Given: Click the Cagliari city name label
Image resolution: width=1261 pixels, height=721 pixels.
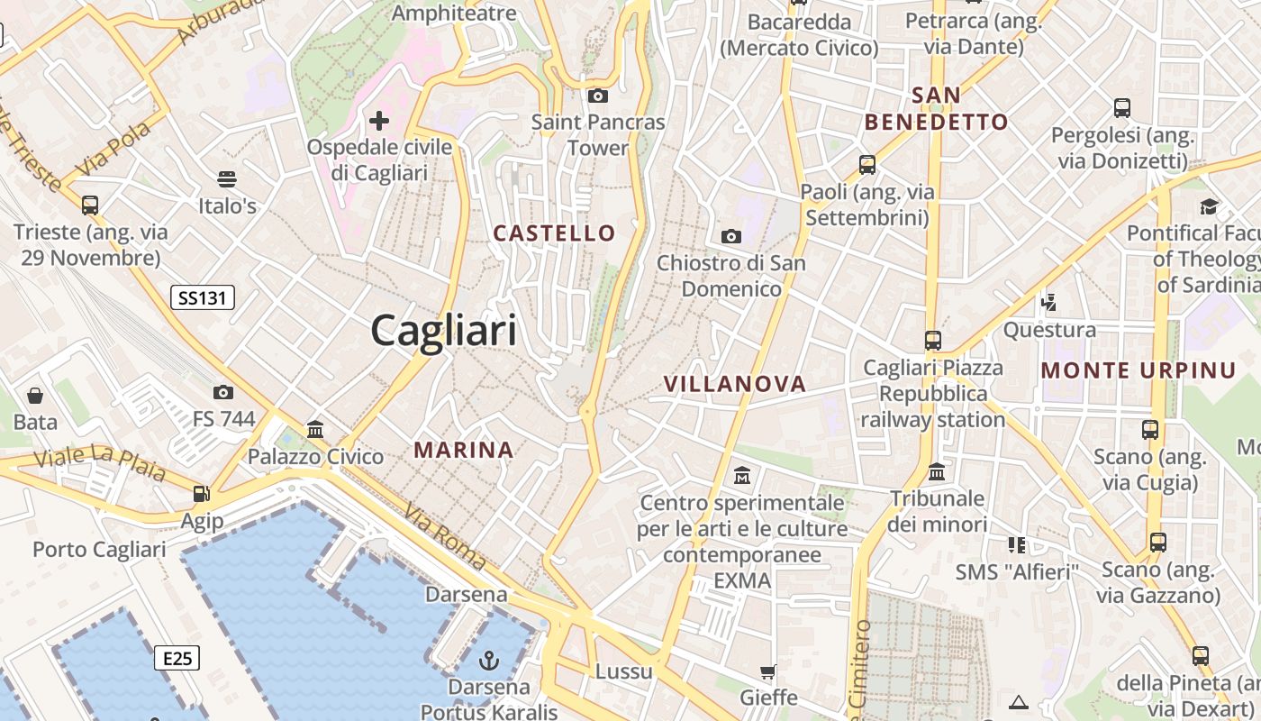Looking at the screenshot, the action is (x=444, y=330).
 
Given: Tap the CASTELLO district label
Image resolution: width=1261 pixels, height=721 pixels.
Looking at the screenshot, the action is (x=554, y=233).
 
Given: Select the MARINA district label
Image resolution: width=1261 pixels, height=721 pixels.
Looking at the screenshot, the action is (x=464, y=450).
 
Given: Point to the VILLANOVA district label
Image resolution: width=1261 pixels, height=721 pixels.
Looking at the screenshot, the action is (x=735, y=384).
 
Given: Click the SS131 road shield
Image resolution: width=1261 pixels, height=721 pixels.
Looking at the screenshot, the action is (x=203, y=297).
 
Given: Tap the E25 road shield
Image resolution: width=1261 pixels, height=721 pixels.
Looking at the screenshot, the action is (x=177, y=658).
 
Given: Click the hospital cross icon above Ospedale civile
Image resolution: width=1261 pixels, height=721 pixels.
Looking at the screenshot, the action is (x=379, y=120).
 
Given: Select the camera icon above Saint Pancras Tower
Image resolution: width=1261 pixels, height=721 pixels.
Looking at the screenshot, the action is (x=597, y=96).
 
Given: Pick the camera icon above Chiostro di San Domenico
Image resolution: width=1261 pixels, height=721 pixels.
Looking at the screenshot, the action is (x=731, y=237).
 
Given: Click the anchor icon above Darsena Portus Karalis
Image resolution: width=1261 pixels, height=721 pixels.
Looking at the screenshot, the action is (x=488, y=661).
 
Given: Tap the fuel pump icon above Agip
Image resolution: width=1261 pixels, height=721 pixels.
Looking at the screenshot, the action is (x=202, y=494).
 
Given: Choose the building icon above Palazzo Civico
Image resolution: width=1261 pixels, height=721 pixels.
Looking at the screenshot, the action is (x=315, y=430).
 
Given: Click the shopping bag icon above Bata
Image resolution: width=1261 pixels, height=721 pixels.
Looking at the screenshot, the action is (x=35, y=396).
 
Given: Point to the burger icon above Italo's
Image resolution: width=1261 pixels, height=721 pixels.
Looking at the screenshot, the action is (x=227, y=179).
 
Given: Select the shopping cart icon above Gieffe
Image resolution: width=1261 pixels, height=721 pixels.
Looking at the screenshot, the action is (x=768, y=671).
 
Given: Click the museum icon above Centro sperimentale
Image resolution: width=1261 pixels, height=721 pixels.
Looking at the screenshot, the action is (x=742, y=475).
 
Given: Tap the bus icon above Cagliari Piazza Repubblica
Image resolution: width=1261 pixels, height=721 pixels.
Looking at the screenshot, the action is (x=933, y=341).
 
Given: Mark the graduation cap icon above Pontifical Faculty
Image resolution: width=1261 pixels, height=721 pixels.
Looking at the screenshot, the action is (x=1209, y=207).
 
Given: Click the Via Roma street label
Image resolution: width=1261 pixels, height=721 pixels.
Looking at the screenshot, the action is (x=445, y=537).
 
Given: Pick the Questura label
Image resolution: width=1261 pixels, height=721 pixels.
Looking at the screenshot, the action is (x=1049, y=330).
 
